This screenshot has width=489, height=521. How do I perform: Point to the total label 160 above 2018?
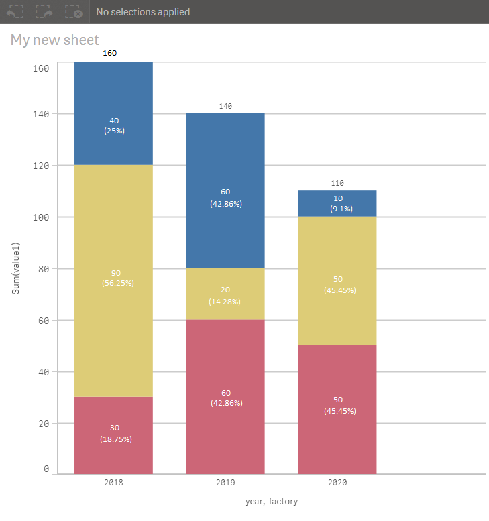pos(110,53)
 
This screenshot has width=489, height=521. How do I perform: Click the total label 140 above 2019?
pos(225,106)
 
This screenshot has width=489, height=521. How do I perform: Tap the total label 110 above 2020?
pos(337,183)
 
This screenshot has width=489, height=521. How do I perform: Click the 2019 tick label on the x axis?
pos(225,482)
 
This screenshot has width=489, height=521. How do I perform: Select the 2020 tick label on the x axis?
pos(337,482)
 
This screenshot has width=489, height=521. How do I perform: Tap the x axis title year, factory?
pos(271,502)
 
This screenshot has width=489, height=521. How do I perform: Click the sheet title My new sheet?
pos(55,40)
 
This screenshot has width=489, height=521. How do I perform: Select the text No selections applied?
pos(143,12)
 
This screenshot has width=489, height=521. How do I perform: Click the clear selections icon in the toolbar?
pos(74,12)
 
